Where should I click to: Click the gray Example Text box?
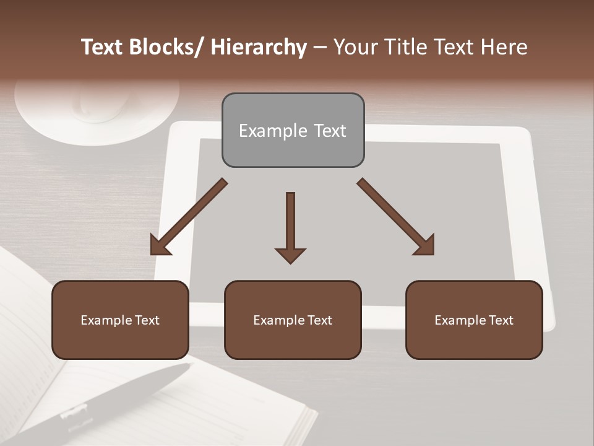pos(293,130)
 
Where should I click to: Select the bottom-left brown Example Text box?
pos(120,320)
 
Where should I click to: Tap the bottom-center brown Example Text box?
pos(293,320)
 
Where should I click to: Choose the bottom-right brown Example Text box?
pos(474,320)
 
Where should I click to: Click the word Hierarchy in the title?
pos(259,47)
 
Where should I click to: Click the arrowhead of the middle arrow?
pos(290,255)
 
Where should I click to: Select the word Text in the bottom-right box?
pos(499,320)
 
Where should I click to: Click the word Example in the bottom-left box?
pos(105,320)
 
